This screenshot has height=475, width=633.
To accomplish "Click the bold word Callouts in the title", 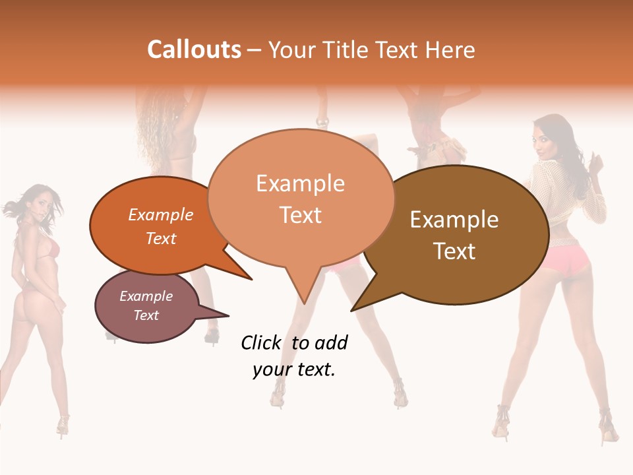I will tap(194, 49).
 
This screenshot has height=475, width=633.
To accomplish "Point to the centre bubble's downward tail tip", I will tap(304, 303).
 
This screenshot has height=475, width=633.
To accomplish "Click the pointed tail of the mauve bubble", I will tap(228, 315).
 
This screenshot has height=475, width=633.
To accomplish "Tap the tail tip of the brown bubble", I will tap(352, 310).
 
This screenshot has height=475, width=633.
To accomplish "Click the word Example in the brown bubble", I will tap(454, 220).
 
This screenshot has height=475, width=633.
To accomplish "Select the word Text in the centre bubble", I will tap(301, 215).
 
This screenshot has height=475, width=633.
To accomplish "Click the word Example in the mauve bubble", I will tap(146, 296).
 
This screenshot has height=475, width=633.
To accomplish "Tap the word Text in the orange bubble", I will tap(161, 238).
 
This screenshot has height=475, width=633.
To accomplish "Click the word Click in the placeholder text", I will tap(260, 342).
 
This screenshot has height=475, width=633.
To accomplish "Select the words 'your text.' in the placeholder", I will tap(294, 369).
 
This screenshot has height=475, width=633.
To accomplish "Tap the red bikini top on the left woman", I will tap(50, 249).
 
